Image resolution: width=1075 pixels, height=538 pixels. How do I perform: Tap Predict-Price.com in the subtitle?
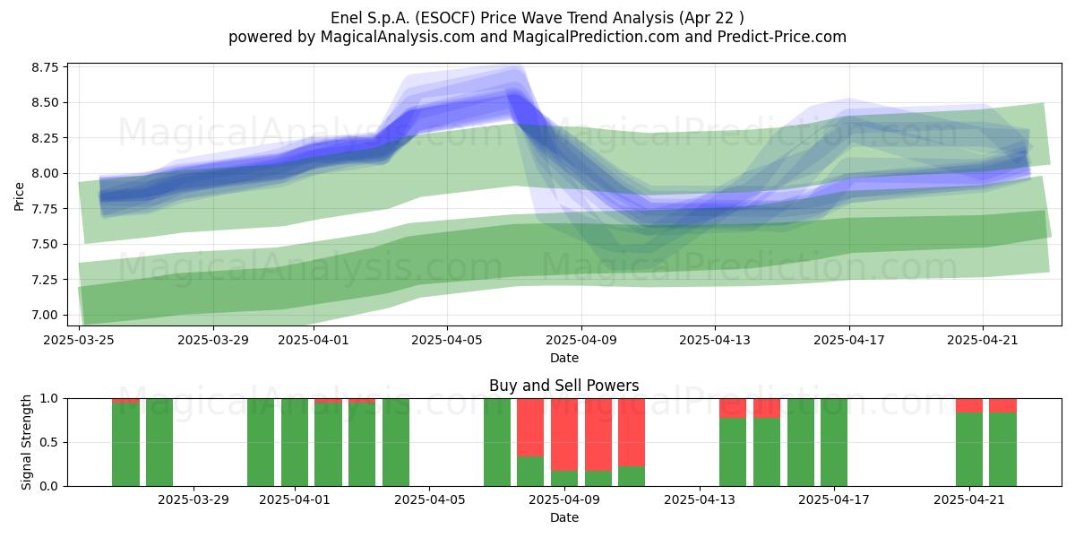point(782,37)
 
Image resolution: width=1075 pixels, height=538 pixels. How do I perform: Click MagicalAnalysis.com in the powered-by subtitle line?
point(398,37)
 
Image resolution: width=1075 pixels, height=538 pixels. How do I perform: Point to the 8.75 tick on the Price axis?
point(45,67)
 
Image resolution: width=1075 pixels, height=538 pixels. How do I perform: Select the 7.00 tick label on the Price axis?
point(45,315)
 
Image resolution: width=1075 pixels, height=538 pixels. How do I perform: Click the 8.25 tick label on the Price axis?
point(45,138)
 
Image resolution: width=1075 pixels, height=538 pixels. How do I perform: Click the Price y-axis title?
point(19,196)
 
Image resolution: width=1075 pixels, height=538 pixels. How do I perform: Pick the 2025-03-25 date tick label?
point(79,340)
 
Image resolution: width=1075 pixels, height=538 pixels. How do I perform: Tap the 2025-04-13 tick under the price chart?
point(715,340)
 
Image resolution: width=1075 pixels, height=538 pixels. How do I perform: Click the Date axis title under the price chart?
point(564,358)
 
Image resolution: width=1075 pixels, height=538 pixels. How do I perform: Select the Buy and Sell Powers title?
point(563,386)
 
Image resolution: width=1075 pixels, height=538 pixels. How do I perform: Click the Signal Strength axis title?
point(26,442)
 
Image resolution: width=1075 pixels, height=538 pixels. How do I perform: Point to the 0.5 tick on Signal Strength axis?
point(50,442)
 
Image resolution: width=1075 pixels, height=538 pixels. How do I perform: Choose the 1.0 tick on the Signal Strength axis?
point(50,399)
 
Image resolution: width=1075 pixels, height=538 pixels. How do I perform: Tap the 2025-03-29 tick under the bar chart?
point(193,500)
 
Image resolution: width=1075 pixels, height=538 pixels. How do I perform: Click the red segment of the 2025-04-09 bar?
point(564,435)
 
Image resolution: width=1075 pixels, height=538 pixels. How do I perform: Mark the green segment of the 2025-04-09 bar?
point(564,479)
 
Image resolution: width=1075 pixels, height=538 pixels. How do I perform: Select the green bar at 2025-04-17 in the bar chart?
point(834,442)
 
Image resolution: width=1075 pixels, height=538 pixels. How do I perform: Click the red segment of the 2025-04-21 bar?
point(969,405)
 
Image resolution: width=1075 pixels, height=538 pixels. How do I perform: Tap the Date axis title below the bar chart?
point(564,517)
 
